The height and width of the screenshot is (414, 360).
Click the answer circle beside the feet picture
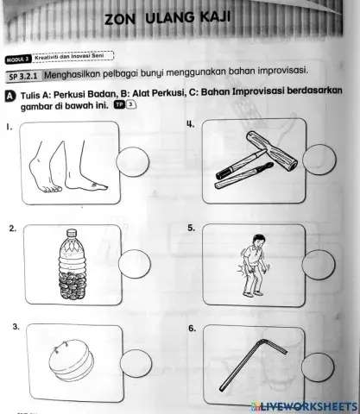tap(137, 163)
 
